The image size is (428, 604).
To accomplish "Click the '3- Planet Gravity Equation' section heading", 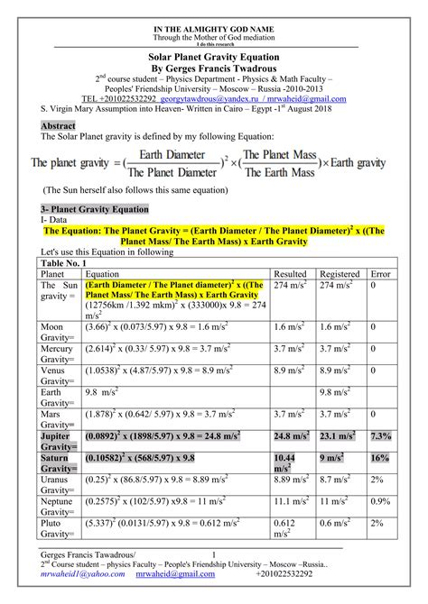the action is pyautogui.click(x=95, y=207).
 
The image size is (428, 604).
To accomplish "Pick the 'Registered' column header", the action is pyautogui.click(x=341, y=273).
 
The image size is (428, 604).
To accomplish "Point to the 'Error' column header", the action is pyautogui.click(x=380, y=273).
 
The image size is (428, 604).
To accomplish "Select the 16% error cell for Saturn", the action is pyautogui.click(x=380, y=458).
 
